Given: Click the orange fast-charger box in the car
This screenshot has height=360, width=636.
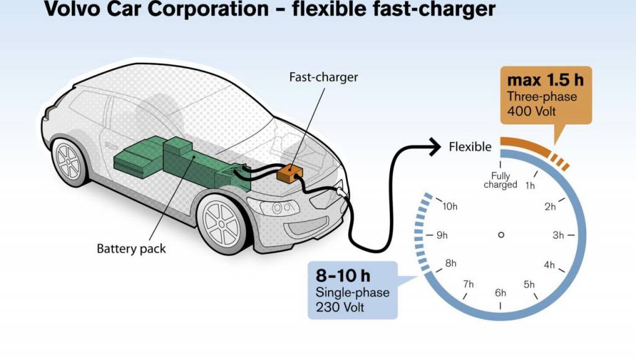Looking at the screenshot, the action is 289,174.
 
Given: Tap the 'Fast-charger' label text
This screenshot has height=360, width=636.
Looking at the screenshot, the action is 323,77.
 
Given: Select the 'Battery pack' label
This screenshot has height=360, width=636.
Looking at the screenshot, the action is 131,248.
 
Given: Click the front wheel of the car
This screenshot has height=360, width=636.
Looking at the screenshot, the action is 222,223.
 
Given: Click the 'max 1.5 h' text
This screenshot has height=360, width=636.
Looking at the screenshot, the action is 545,80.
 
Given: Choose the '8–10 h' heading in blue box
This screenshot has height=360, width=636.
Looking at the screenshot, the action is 343,276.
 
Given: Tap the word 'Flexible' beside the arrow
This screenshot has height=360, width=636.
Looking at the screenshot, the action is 470,146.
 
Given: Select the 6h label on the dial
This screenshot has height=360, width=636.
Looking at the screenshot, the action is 501,293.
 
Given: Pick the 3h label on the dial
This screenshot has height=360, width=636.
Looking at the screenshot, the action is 558,235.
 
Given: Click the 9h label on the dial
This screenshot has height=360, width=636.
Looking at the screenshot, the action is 442,235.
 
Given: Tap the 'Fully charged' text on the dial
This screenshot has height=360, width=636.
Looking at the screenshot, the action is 501,181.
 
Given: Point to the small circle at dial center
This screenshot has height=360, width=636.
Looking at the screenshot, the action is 501,235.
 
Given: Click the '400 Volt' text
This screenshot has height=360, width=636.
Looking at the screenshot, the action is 531,111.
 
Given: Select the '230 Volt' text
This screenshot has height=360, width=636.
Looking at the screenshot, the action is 340,307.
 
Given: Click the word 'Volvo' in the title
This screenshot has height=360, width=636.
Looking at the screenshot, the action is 71,9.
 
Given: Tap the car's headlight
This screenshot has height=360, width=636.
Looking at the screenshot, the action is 273,207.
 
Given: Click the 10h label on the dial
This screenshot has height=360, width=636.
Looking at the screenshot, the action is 450,206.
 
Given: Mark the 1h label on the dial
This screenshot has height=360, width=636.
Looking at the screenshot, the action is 530,186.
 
